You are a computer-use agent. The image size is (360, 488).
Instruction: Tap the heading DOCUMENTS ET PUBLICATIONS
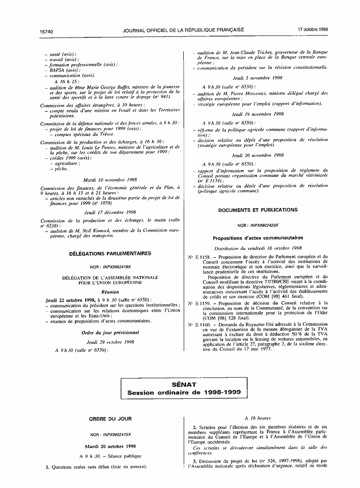(x=258, y=210)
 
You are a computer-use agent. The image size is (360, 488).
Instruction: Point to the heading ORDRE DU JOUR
(x=110, y=419)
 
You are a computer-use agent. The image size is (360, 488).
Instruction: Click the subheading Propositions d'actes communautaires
(x=258, y=238)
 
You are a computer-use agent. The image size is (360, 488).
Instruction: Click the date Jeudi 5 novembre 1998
(x=258, y=78)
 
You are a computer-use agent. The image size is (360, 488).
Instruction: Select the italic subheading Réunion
(x=110, y=292)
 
